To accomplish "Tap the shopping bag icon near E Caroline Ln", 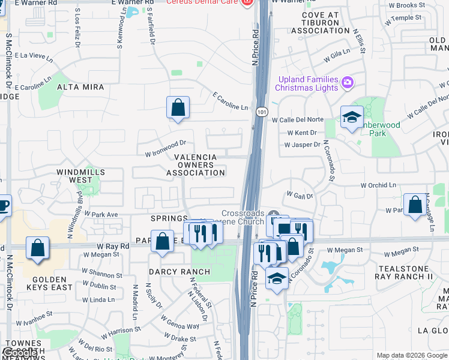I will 178,109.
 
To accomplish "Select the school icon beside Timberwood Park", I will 352,117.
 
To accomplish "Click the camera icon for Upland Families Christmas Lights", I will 346,82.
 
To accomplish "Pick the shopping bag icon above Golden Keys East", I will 37,248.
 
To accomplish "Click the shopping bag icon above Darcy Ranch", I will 162,242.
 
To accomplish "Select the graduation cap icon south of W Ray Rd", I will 276,279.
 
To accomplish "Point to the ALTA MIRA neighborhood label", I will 80,87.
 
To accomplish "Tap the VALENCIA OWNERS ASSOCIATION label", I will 195,165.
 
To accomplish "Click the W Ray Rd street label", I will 113,246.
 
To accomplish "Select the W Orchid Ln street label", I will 379,186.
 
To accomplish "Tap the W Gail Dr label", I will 301,195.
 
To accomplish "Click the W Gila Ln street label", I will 337,56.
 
